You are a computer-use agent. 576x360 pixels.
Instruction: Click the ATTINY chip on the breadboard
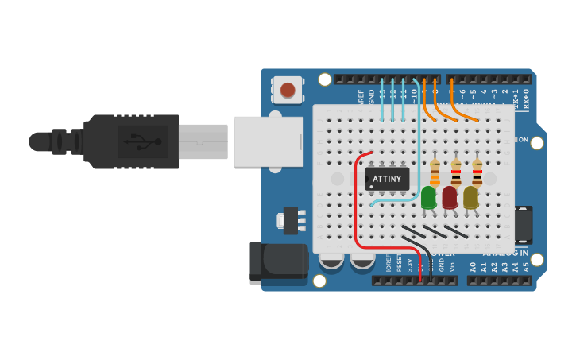387,178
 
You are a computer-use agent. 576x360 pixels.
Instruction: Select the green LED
428,196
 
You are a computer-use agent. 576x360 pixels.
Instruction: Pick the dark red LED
450,196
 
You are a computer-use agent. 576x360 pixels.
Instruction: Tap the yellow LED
471,196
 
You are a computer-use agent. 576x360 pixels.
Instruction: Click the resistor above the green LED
435,171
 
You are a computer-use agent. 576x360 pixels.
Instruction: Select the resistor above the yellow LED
477,171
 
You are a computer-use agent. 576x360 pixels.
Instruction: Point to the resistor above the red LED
456,171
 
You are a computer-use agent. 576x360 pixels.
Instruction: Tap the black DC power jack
278,263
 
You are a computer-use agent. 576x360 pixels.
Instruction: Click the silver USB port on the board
269,141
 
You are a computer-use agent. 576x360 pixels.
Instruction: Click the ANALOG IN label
506,254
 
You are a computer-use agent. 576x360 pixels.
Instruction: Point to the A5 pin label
525,267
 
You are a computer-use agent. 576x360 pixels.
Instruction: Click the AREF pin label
361,96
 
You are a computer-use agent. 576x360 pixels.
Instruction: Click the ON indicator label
522,140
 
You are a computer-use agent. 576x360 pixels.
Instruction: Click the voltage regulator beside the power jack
292,219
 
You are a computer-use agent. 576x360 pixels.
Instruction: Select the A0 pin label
473,267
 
